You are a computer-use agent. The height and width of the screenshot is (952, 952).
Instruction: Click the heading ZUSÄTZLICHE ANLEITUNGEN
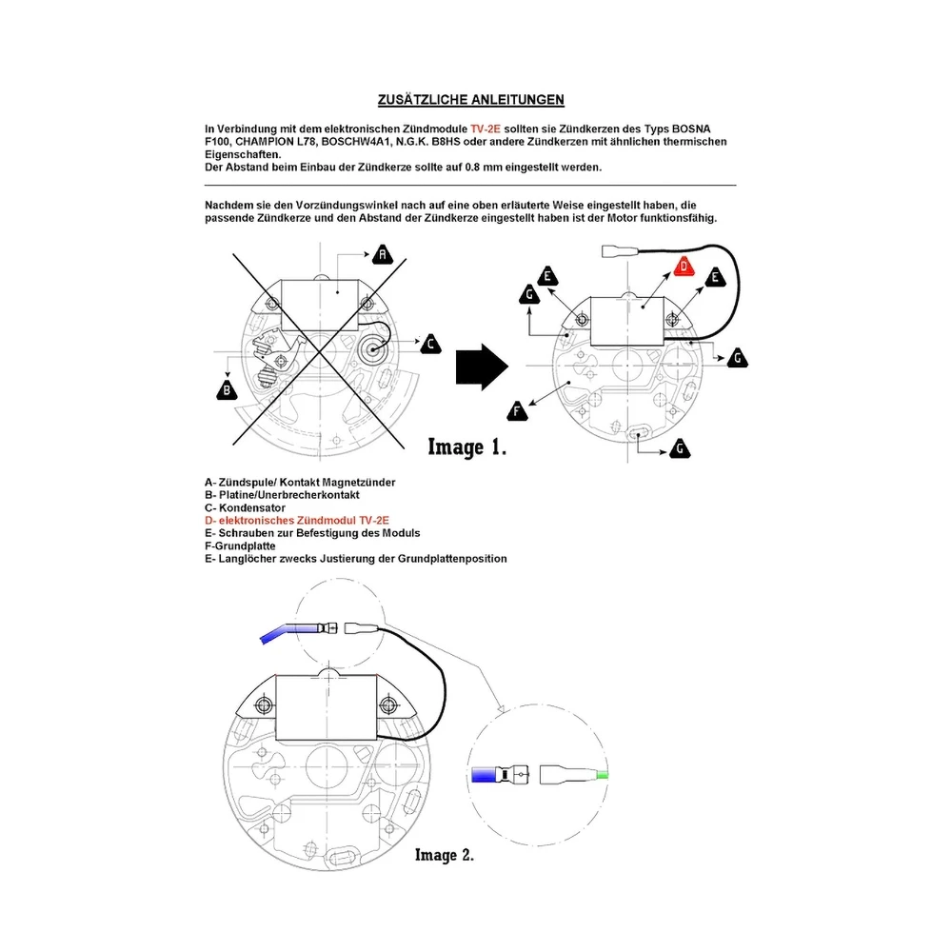[x=470, y=100]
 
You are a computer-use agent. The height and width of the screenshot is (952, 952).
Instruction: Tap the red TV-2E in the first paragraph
[x=486, y=129]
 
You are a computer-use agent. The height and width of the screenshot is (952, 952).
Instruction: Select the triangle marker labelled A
[x=383, y=254]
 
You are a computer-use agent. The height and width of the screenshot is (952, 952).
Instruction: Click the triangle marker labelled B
[x=228, y=389]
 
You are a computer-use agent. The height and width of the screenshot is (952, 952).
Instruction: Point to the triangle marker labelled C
[x=431, y=345]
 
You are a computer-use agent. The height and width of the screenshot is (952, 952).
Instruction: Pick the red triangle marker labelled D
[x=684, y=266]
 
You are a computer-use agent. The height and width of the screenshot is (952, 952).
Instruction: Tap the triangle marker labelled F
[x=517, y=411]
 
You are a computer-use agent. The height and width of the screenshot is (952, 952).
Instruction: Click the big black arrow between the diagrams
[x=482, y=367]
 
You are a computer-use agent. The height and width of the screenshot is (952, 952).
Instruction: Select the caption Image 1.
[x=466, y=446]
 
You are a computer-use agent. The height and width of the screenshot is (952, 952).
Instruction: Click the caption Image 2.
[x=445, y=855]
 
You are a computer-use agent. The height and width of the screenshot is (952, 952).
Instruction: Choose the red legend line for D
[x=297, y=521]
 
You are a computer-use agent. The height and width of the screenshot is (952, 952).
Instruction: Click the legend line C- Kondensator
[x=245, y=507]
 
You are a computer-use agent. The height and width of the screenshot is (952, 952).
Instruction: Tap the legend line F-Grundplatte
[x=240, y=545]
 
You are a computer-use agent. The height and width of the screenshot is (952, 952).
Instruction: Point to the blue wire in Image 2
[x=289, y=631]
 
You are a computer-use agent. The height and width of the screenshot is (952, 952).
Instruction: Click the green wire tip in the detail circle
[x=603, y=775]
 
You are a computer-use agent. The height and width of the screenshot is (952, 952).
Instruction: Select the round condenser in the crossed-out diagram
[x=372, y=348]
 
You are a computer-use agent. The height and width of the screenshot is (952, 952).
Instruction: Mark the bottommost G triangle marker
[x=680, y=448]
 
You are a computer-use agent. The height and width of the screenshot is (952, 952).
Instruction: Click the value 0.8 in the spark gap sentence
[x=472, y=167]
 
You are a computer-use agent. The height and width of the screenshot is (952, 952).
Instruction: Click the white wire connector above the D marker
[x=618, y=250]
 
